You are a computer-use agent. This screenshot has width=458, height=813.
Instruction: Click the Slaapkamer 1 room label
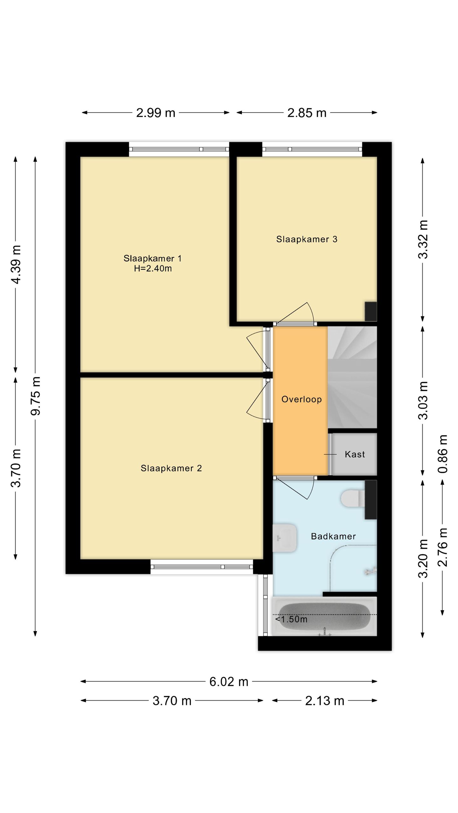click(x=152, y=259)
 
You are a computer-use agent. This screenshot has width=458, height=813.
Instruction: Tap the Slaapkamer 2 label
click(x=171, y=468)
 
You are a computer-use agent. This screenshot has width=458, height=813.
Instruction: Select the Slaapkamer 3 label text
click(x=307, y=239)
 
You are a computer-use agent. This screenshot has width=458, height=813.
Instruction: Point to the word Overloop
click(x=302, y=399)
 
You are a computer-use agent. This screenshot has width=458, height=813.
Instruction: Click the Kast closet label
click(x=355, y=454)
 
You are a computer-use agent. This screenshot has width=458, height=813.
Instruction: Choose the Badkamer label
click(x=333, y=536)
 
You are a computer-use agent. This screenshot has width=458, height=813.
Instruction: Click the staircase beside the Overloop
click(x=352, y=377)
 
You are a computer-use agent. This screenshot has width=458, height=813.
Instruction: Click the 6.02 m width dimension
click(x=229, y=682)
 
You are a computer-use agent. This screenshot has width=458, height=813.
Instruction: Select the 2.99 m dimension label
click(x=156, y=113)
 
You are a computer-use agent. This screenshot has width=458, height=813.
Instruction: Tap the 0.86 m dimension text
click(x=443, y=454)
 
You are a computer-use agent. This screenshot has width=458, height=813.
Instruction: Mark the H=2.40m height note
click(x=153, y=269)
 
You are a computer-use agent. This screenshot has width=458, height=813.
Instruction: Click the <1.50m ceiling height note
click(x=291, y=620)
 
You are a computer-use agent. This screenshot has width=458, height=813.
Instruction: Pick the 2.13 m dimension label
click(x=325, y=701)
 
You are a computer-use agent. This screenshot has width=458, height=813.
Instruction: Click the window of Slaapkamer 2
click(x=202, y=567)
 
